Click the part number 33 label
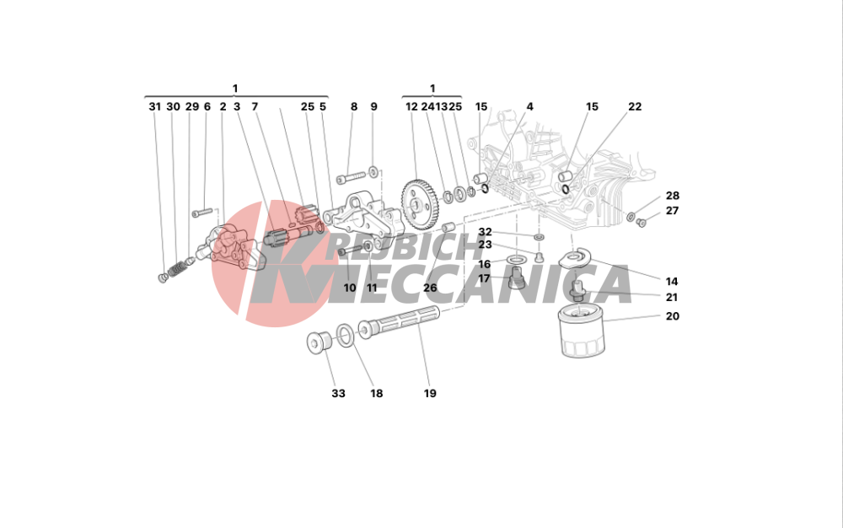point(338,394)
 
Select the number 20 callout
point(672,317)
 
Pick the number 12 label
point(411,107)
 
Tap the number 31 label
point(154,107)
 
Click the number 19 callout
point(430,394)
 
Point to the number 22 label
point(635,107)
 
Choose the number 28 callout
point(672,196)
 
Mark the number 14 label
point(672,282)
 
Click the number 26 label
point(430,288)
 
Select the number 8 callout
point(354,107)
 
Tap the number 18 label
point(376,394)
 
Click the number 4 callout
point(529,107)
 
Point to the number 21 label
point(672,298)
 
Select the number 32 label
point(485,232)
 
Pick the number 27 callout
point(672,212)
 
